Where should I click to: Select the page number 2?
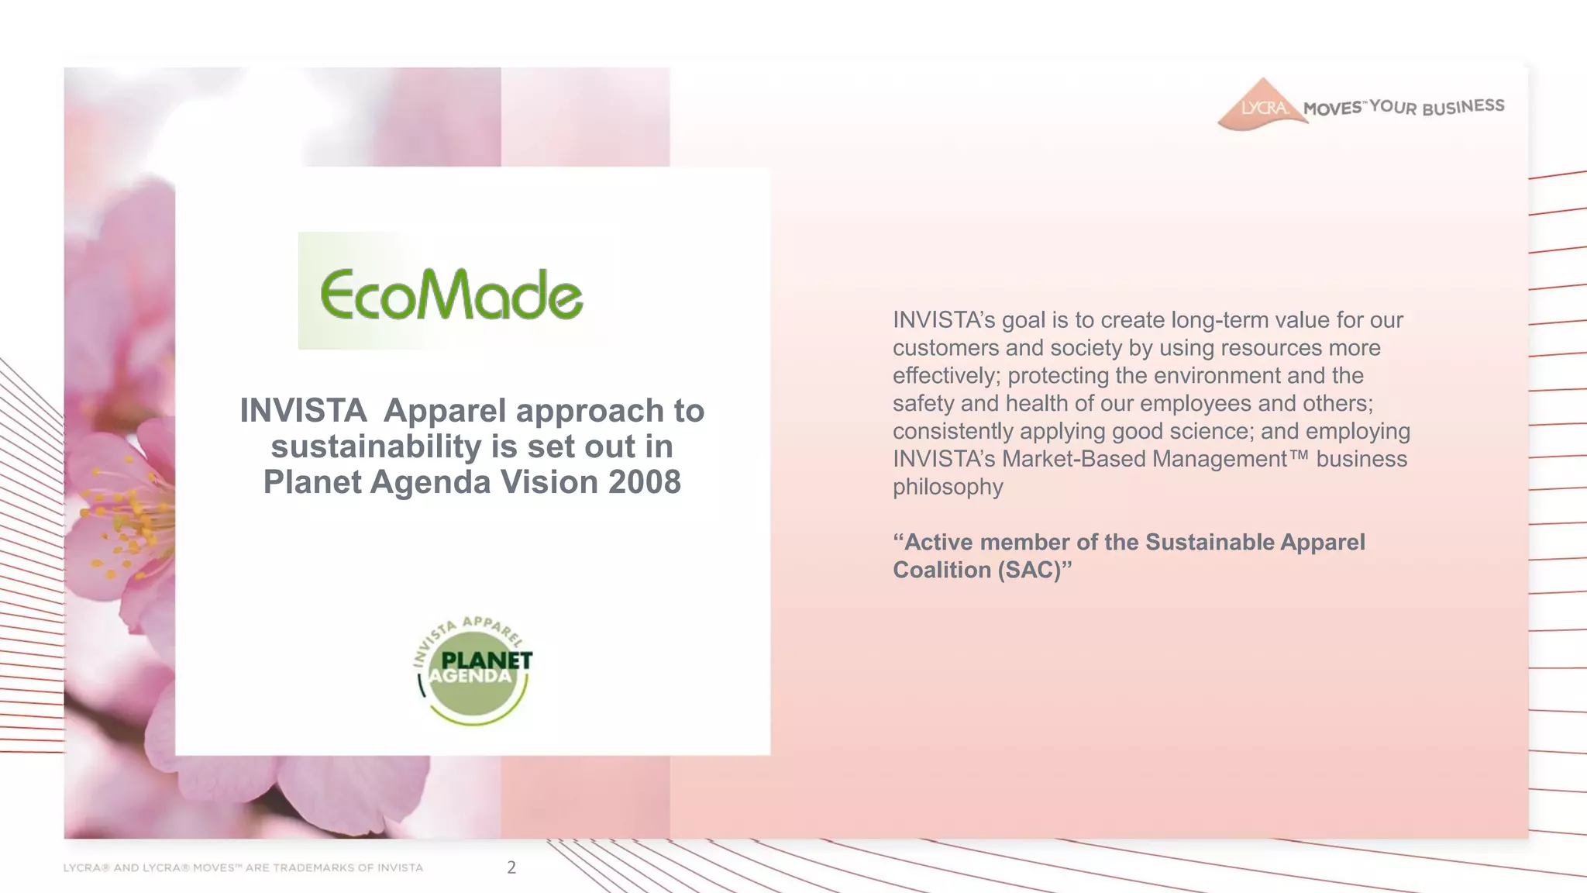pos(511,867)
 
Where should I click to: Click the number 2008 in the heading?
pos(644,482)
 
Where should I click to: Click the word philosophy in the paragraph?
pos(948,487)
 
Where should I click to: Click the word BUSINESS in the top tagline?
pos(1463,107)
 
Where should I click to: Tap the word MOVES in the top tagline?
pos(1332,109)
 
